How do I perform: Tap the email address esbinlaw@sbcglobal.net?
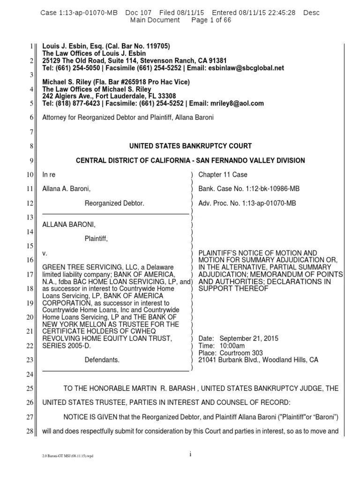(247, 68)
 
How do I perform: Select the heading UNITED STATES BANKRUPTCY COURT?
(190, 146)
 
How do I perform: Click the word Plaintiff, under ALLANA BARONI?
(96, 239)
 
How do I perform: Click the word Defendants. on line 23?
(102, 360)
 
